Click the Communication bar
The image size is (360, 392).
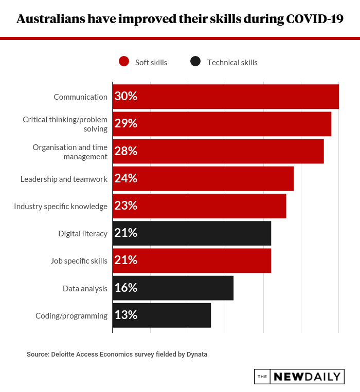coord(226,97)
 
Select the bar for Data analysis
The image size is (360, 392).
coord(173,288)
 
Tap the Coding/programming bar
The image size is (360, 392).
coord(162,315)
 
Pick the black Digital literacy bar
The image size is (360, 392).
coord(192,233)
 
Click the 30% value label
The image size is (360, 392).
coord(126,97)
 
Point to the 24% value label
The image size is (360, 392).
coord(126,178)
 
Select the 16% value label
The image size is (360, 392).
coord(126,288)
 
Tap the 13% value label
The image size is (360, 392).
coord(126,315)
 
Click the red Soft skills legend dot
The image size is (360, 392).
coord(123,62)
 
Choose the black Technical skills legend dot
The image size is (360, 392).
coord(195,62)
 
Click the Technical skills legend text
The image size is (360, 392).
coord(232,63)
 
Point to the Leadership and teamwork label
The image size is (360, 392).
coord(64,179)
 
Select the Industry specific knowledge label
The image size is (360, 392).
coord(61,207)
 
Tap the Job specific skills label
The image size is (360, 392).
coord(79,261)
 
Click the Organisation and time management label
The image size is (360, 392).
coord(70,152)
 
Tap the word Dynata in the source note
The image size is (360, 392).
coord(196,354)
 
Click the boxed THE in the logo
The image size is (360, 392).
coord(262,377)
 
